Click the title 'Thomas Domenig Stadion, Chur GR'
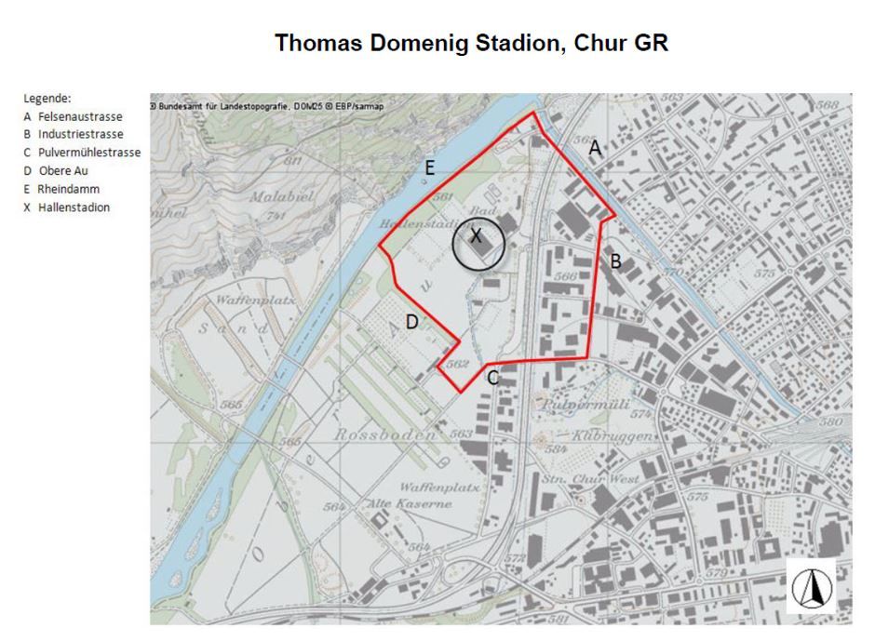471,44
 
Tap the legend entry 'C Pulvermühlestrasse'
82,153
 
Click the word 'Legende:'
47,98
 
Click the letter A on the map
596,148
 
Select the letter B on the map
615,262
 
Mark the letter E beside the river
429,168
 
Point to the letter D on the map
411,322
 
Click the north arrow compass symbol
811,587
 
